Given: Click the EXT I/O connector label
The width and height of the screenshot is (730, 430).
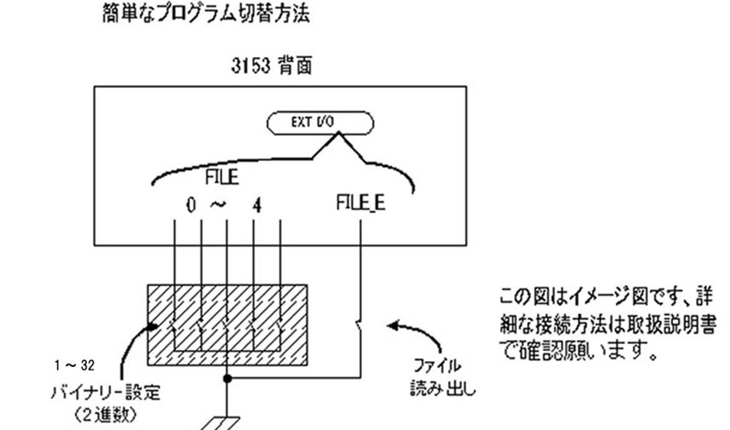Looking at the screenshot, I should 320,122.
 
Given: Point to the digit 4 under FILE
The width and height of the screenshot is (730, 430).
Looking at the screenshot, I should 254,207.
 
